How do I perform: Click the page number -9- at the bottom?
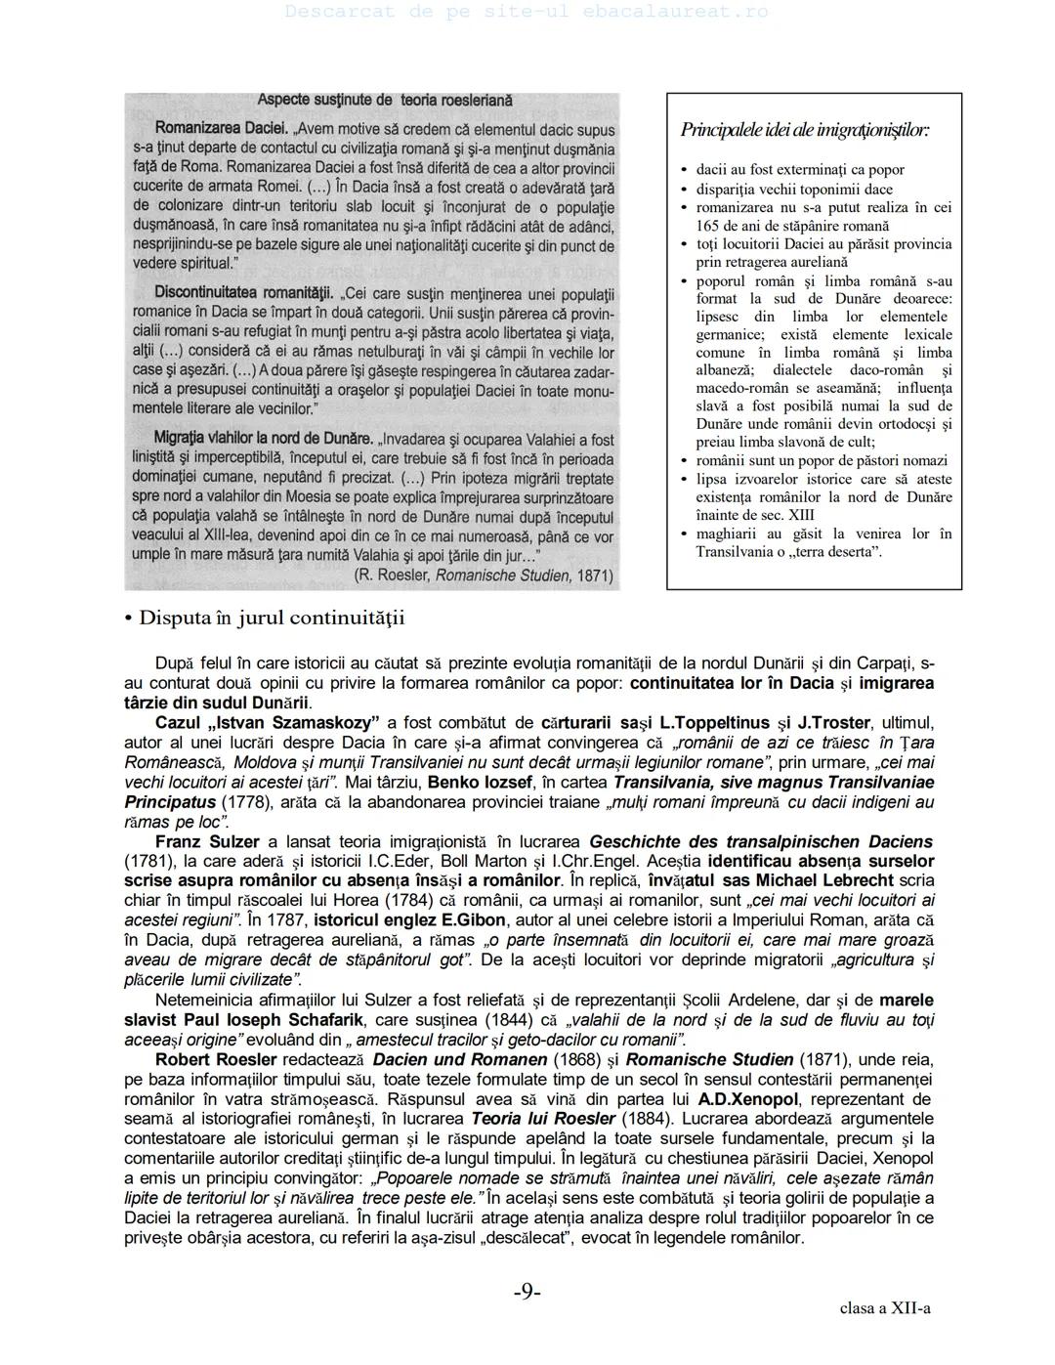tap(527, 1292)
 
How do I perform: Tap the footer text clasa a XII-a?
tap(884, 1308)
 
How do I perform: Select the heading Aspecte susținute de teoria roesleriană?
tap(384, 100)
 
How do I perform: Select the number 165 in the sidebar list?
tap(709, 226)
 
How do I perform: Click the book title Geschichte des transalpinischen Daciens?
tap(761, 841)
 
